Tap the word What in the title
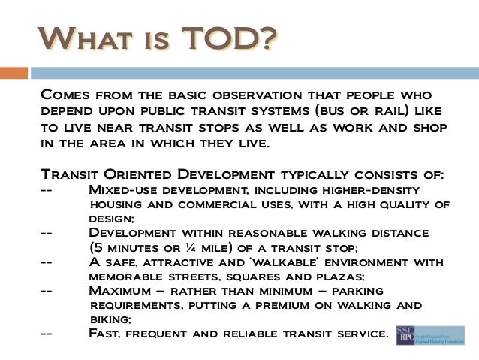(x=80, y=38)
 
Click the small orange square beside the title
(x=14, y=73)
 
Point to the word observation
(x=240, y=96)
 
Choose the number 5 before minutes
(x=96, y=247)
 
